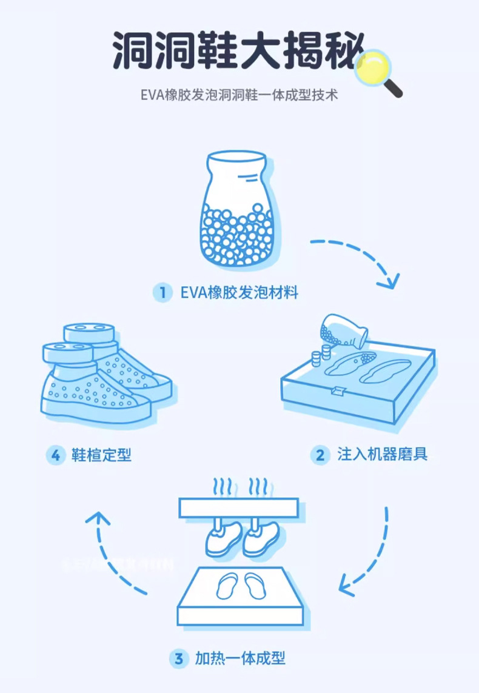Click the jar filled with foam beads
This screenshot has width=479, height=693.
pyautogui.click(x=236, y=209)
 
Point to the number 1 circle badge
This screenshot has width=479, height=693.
pyautogui.click(x=162, y=293)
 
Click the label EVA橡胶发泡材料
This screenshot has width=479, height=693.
pyautogui.click(x=239, y=293)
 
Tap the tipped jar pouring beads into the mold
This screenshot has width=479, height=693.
pyautogui.click(x=343, y=330)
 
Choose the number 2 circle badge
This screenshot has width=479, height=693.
pyautogui.click(x=320, y=454)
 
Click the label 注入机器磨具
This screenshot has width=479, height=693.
pyautogui.click(x=382, y=454)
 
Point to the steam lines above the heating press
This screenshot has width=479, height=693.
pyautogui.click(x=239, y=486)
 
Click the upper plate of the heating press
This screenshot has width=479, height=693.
pyautogui.click(x=239, y=507)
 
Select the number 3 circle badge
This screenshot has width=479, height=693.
pyautogui.click(x=178, y=658)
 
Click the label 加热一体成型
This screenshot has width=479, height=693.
pyautogui.click(x=239, y=658)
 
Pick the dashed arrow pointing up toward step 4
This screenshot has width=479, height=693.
pyautogui.click(x=115, y=552)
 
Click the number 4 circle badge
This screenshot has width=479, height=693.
pyautogui.click(x=55, y=454)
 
